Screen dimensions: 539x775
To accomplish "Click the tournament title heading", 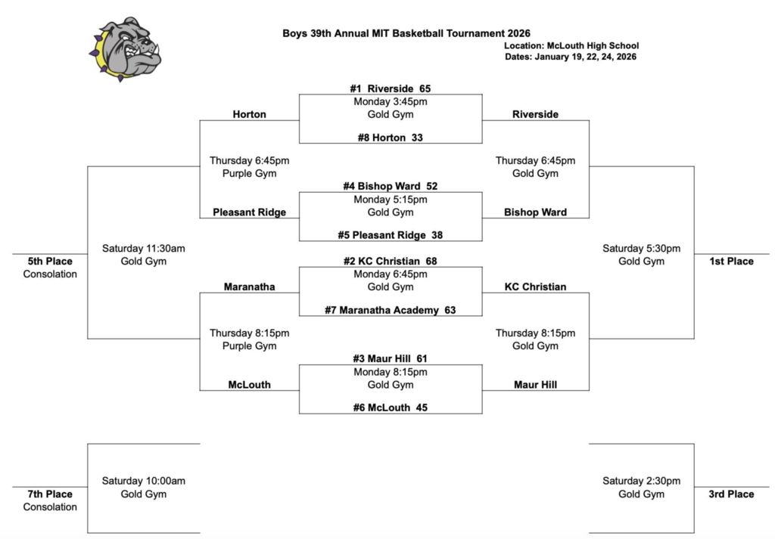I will click(406, 33).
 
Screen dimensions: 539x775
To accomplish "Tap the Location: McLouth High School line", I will click(571, 45).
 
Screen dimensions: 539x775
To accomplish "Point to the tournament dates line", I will click(571, 57).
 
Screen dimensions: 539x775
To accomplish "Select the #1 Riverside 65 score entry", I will click(390, 88).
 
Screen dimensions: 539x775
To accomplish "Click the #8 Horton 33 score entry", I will click(390, 138).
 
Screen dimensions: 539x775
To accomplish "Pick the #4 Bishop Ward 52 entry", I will click(390, 186).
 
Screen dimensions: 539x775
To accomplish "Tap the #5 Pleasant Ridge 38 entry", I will click(390, 235).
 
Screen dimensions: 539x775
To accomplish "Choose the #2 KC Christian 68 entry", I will click(390, 261).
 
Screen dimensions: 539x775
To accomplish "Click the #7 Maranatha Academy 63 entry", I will click(390, 310).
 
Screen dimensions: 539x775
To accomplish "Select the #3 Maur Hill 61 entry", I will click(390, 358).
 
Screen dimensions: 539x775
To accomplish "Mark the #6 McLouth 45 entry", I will click(390, 407).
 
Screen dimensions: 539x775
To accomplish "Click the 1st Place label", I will click(731, 262).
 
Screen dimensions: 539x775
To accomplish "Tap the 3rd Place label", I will click(731, 494).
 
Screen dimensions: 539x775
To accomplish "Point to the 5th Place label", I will click(50, 262).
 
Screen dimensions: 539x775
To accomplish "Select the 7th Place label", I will click(50, 494).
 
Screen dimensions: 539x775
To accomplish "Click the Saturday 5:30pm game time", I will click(641, 248).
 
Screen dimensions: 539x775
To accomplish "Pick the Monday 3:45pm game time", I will click(390, 101).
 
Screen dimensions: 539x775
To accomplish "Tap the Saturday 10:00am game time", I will click(144, 481).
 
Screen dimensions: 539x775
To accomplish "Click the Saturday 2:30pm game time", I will click(641, 481).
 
